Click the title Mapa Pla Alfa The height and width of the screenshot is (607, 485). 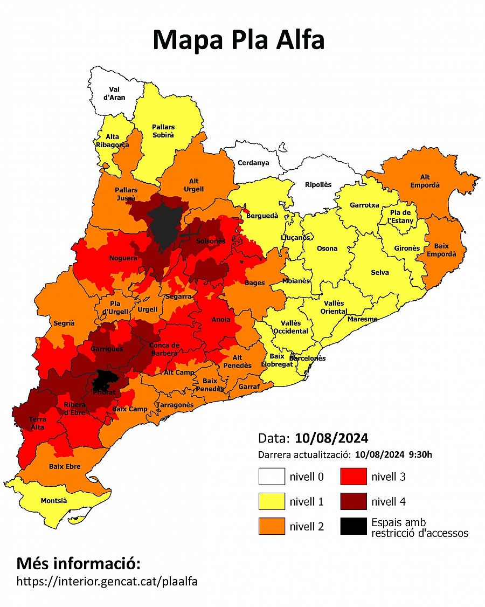(239, 40)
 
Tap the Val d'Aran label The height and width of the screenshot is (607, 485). (114, 93)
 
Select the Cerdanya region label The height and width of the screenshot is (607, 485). (253, 163)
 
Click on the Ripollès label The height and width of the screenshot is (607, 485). (318, 184)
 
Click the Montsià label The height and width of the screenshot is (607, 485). (54, 501)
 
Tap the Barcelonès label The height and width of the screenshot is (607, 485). (307, 358)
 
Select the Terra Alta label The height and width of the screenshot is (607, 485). (37, 423)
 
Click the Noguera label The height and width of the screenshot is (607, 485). (123, 258)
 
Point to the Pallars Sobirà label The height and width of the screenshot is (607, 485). (163, 131)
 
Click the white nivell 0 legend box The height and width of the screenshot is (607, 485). (272, 477)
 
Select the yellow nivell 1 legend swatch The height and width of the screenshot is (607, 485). (272, 502)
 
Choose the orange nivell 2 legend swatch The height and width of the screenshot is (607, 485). (272, 526)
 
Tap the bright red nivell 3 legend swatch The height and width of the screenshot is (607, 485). (354, 477)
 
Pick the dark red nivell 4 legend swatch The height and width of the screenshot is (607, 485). (354, 502)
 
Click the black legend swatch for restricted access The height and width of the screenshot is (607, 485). (354, 526)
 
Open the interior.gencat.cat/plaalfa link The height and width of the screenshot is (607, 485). (107, 582)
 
